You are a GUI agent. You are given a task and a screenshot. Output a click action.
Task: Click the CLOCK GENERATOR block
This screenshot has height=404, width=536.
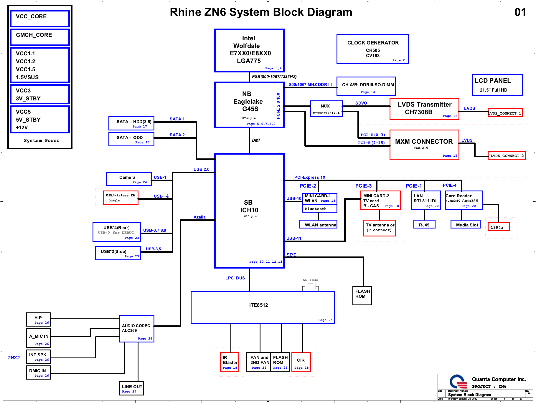click(x=372, y=49)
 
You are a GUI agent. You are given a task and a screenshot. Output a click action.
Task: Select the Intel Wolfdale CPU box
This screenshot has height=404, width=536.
click(x=249, y=50)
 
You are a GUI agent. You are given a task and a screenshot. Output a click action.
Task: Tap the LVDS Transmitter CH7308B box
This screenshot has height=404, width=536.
click(x=424, y=109)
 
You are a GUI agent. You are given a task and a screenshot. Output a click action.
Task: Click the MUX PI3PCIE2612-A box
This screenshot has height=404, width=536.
click(x=326, y=109)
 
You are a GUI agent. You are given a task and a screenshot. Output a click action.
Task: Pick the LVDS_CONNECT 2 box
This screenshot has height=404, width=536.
click(x=507, y=155)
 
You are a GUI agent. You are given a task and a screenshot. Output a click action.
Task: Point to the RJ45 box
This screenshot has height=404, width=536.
click(x=424, y=225)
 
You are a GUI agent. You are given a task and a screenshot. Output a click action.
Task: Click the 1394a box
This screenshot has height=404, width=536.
click(x=498, y=227)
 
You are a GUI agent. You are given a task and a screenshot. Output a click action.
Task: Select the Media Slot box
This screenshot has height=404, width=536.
click(x=466, y=225)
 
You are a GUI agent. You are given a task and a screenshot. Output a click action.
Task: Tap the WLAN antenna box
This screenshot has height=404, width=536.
click(x=319, y=225)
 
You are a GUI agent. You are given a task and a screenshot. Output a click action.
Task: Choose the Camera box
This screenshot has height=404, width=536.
click(x=129, y=179)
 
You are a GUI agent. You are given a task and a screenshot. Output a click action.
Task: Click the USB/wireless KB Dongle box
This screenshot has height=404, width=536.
click(x=121, y=198)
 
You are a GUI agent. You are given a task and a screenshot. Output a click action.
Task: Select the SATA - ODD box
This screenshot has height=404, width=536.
click(x=131, y=139)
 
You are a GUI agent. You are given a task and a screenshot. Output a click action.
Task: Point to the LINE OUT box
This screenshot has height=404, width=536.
click(x=131, y=388)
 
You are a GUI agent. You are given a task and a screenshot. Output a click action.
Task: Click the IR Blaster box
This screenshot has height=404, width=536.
click(x=229, y=362)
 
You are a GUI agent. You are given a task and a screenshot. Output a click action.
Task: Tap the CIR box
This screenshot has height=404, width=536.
click(x=301, y=362)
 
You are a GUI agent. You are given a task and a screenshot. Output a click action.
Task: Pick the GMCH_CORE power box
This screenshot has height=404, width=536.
click(x=40, y=37)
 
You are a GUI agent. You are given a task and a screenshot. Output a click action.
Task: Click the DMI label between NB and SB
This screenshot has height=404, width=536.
click(x=256, y=140)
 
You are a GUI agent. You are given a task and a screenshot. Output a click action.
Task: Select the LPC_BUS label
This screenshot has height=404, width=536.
click(x=235, y=278)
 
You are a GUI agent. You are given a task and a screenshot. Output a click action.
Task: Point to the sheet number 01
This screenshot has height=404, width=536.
click(x=520, y=12)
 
